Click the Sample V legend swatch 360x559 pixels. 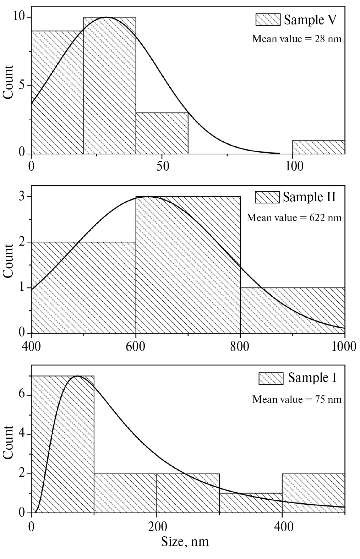pos(268,20)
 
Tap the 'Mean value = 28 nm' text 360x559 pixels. pos(297,39)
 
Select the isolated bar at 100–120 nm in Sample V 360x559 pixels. pos(318,147)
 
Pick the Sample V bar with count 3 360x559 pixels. pos(162,133)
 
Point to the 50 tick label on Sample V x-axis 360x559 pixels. pos(162,166)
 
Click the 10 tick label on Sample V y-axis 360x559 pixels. pos(20,17)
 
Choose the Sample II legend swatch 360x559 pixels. pos(267,197)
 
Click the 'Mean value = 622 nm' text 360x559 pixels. pos(294,217)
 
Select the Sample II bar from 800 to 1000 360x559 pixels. pos(293,310)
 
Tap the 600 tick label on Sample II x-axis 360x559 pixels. pos(136,346)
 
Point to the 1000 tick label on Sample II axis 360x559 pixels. pos(343,346)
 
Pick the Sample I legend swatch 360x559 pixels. pos(271,378)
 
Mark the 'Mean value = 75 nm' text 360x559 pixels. pos(297,399)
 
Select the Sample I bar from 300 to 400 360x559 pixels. pos(251,503)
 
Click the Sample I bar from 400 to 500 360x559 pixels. pos(313,493)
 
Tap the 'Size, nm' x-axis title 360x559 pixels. pos(185,542)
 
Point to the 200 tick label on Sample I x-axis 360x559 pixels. pos(157,526)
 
